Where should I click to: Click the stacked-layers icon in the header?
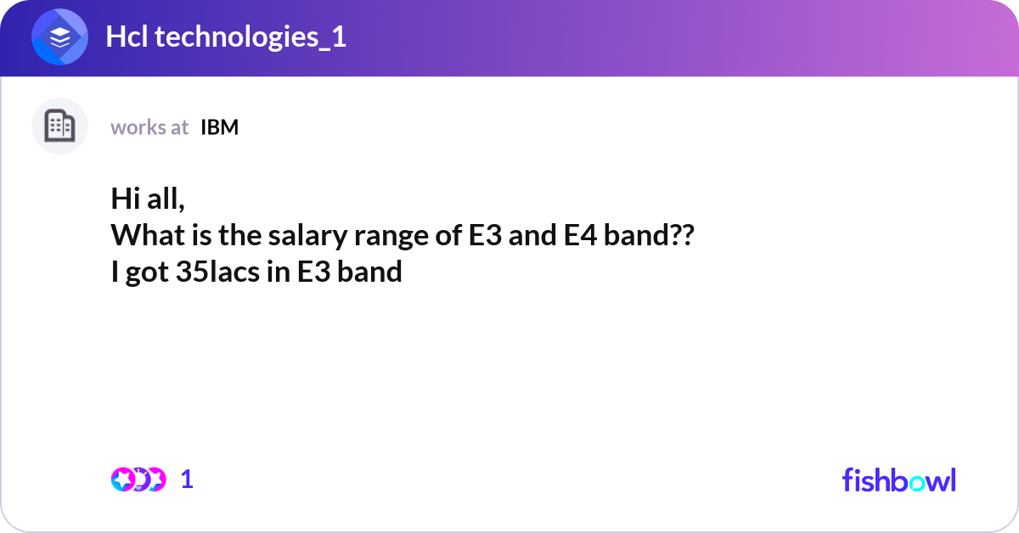click(x=60, y=37)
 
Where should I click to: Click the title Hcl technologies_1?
click(x=226, y=37)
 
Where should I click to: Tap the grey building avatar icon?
click(x=59, y=126)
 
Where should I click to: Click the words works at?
click(x=149, y=127)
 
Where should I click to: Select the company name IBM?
click(x=220, y=127)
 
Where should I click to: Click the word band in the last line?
click(x=369, y=273)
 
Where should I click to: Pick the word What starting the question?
click(x=141, y=236)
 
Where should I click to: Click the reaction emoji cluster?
click(x=138, y=480)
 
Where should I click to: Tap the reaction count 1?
click(x=187, y=480)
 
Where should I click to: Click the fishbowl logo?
click(x=898, y=480)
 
